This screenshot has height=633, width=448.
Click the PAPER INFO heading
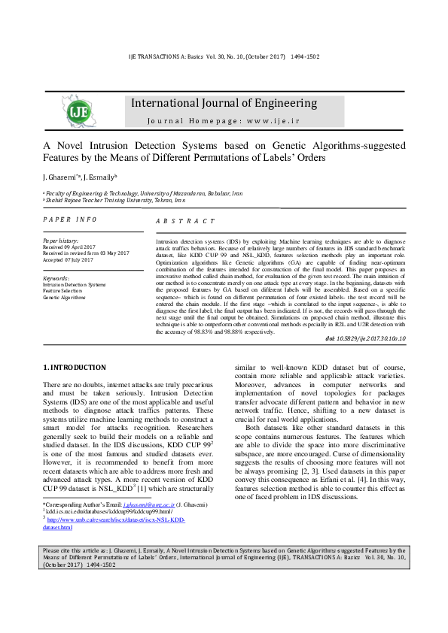click(69, 219)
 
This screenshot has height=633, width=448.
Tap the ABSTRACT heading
click(184, 221)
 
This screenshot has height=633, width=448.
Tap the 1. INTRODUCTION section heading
click(75, 367)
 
